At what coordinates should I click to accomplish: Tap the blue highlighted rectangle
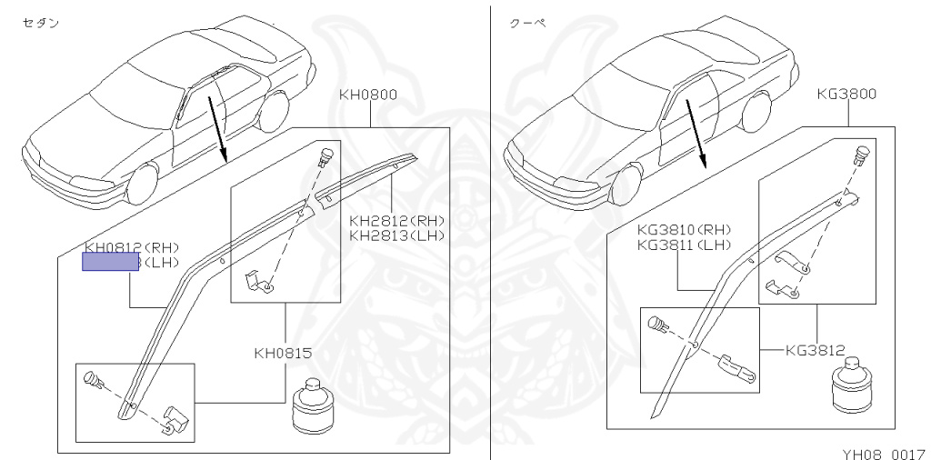111,263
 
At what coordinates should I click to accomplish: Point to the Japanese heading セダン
40,23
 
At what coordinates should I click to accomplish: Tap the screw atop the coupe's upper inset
860,155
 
